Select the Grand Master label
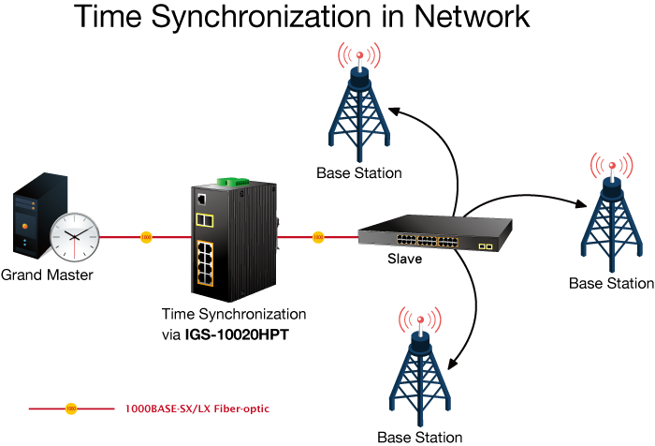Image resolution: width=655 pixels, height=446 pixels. click(47, 275)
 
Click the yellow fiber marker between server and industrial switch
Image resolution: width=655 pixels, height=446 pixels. click(146, 237)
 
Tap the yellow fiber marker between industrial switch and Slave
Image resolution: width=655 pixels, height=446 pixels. click(318, 237)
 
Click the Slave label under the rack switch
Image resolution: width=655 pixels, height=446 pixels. click(404, 260)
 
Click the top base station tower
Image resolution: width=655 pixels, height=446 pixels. click(357, 108)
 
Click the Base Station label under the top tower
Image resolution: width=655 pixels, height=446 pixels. click(358, 172)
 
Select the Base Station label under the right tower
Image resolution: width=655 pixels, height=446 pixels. click(612, 283)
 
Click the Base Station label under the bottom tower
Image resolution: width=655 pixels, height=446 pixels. click(419, 437)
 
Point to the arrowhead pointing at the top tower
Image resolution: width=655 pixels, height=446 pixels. click(393, 111)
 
